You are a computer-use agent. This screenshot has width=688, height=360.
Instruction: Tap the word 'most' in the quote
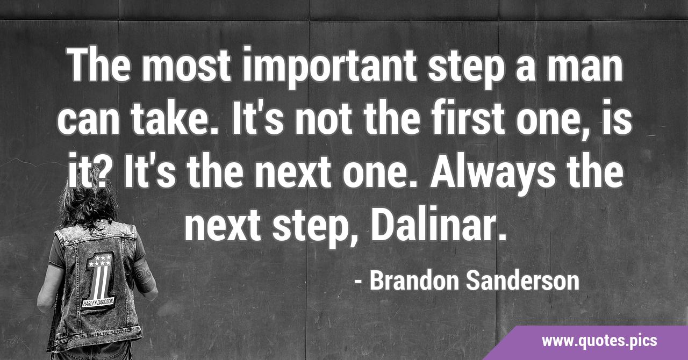(x=186, y=65)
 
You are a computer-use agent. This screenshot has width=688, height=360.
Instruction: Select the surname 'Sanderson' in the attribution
(x=522, y=281)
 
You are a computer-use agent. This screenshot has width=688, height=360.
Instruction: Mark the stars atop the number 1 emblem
(x=99, y=261)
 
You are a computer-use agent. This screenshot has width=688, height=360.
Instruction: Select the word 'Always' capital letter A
(x=443, y=171)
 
